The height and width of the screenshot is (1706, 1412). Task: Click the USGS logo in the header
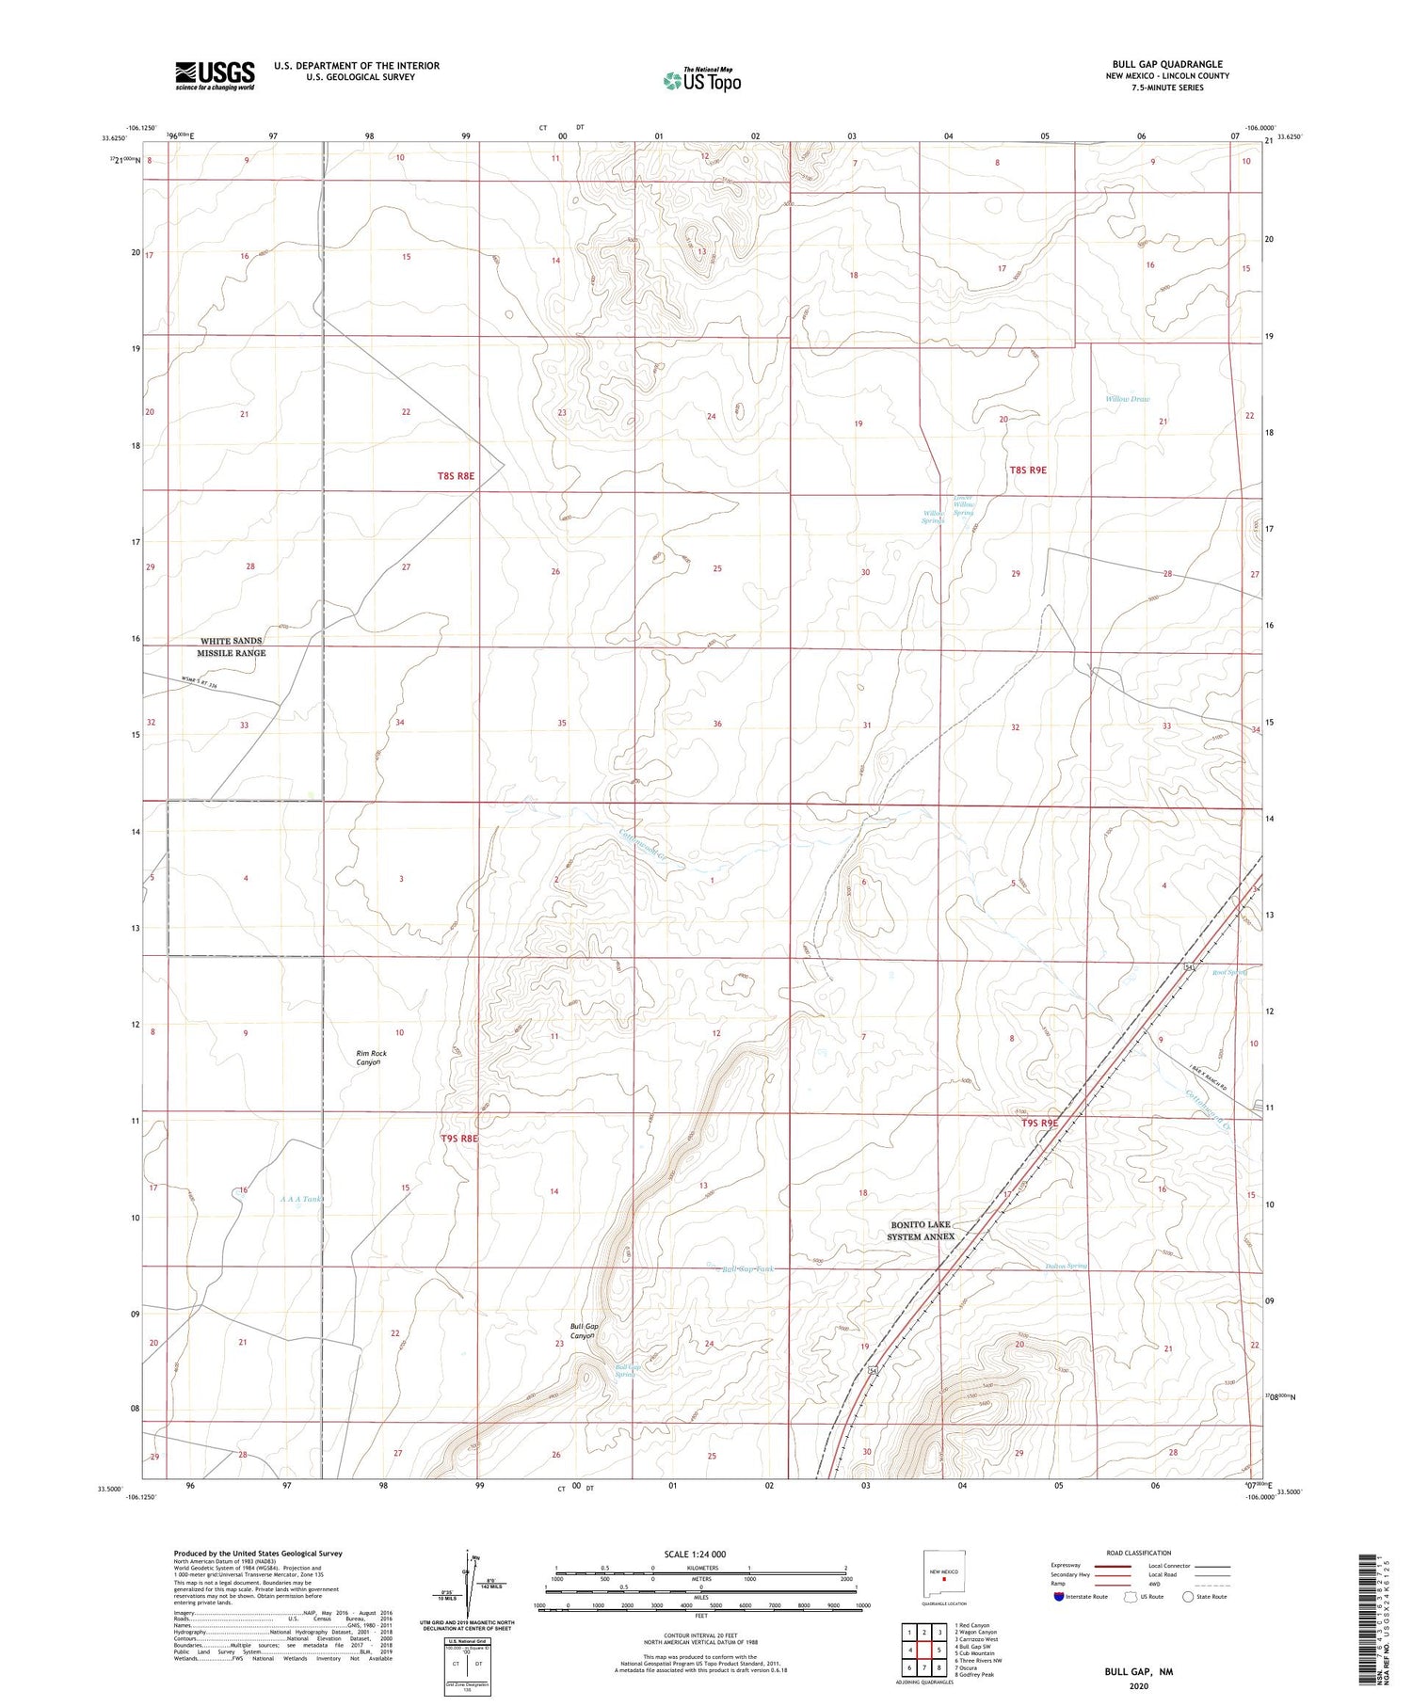215,75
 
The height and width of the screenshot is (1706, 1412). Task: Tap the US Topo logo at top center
702,80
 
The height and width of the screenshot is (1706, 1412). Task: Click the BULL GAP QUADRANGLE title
1166,64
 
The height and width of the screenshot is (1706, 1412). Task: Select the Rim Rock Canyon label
370,1058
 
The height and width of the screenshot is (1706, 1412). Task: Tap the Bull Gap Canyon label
584,1331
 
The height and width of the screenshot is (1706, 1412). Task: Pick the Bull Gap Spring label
628,1371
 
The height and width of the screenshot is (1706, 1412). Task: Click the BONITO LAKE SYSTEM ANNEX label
923,1231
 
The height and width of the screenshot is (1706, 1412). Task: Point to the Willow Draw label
1127,399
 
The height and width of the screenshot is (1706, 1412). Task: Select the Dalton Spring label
1066,1266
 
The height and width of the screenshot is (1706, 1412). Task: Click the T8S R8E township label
456,476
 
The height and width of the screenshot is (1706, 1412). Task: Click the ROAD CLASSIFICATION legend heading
1139,1553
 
